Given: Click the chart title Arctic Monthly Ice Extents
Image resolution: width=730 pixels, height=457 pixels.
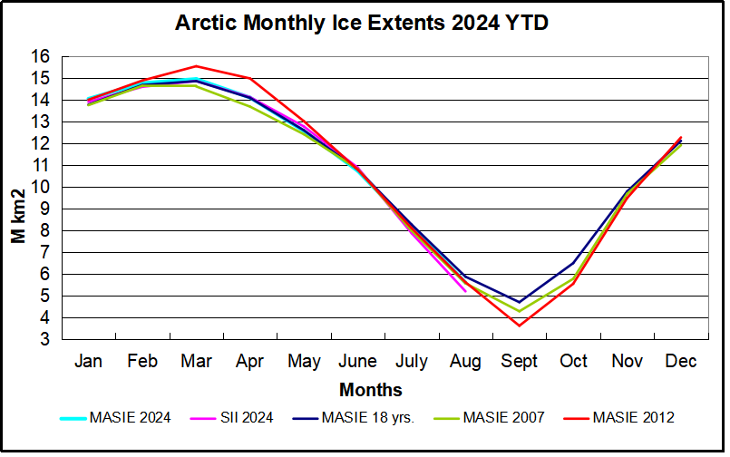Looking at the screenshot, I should point(362,22).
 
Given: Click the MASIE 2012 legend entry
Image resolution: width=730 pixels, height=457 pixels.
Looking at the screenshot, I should point(633,418).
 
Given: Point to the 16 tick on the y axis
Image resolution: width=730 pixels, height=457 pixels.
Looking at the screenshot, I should point(51,56).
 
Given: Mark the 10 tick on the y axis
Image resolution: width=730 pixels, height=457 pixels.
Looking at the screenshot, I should point(51,187).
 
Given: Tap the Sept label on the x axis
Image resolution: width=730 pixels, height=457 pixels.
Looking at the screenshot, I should point(520,362).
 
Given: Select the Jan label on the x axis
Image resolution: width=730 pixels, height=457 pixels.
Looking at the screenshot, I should point(88,362).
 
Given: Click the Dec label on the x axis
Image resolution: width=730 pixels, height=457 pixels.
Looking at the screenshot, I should point(680,362).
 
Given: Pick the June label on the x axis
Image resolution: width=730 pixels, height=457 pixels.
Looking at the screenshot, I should point(358,362).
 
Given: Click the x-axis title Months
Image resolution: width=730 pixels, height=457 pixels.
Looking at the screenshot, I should point(371,391).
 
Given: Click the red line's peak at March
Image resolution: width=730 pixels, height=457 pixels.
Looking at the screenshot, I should point(196,66).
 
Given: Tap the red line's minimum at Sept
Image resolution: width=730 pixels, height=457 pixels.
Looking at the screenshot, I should point(520,326).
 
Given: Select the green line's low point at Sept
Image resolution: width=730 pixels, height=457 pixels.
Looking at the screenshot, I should point(520,311).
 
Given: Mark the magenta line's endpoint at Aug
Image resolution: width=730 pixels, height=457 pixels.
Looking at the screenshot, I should point(465,291).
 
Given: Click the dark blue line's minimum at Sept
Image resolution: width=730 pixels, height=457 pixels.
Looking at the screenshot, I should point(520,302).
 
